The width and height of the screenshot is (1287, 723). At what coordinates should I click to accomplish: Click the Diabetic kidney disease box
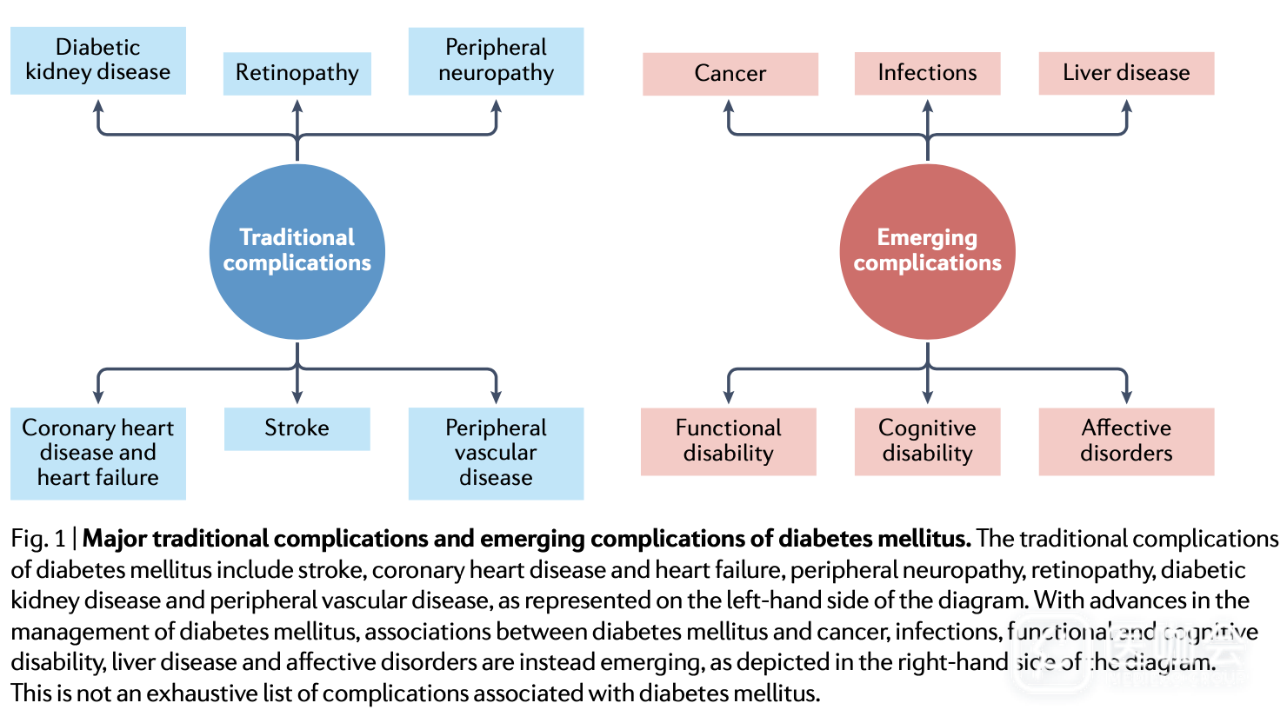(x=98, y=60)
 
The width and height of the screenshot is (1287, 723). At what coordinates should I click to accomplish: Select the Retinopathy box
(x=297, y=73)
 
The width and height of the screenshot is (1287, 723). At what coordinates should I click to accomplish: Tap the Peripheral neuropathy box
(x=496, y=61)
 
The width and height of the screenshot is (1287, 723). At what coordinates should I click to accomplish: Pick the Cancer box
(x=730, y=74)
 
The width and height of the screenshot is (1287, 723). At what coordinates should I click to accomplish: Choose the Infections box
(x=927, y=73)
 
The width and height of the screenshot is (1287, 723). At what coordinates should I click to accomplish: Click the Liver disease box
(x=1126, y=73)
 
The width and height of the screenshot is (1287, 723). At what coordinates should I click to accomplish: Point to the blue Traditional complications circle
(x=297, y=251)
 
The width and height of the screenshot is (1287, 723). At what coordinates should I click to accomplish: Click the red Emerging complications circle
(x=927, y=251)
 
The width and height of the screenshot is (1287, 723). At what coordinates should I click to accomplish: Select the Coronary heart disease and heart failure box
(x=98, y=453)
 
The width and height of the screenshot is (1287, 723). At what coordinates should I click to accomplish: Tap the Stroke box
(x=297, y=428)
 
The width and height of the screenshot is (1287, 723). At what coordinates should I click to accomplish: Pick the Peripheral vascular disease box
(x=496, y=453)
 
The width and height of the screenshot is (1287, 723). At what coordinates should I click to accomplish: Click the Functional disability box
(x=729, y=441)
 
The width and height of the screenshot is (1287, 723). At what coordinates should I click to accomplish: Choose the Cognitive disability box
(x=927, y=441)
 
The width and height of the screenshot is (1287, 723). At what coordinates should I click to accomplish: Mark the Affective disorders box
(x=1126, y=441)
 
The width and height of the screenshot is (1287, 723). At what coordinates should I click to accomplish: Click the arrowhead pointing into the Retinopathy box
(x=297, y=106)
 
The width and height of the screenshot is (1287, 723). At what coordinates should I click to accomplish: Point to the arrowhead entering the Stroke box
(x=297, y=397)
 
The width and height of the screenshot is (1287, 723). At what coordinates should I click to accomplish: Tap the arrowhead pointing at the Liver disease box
(x=1126, y=106)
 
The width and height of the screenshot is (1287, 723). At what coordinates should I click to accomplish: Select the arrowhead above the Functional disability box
(x=729, y=397)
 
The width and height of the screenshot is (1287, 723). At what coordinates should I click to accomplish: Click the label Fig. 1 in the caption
(x=38, y=539)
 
